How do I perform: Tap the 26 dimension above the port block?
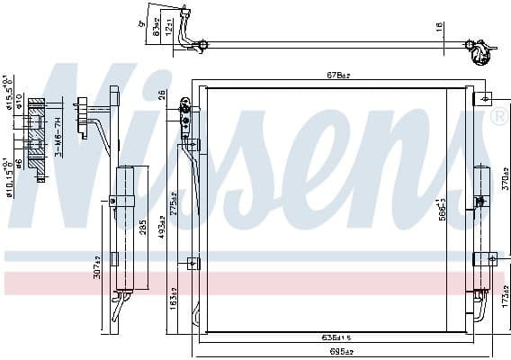pos(162,94)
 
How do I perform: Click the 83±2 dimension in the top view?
pos(156,30)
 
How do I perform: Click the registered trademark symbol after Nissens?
pos(498,117)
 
